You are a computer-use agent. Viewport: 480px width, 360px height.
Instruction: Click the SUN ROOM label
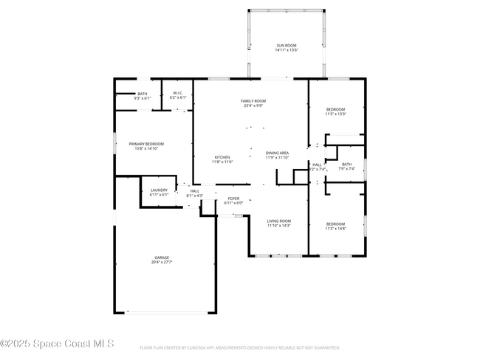click(x=287, y=46)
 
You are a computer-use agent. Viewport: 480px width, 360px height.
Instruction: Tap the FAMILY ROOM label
click(x=253, y=100)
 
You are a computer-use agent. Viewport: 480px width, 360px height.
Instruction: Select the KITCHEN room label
click(x=222, y=157)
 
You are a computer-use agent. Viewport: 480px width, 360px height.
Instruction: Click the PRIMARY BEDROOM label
click(x=146, y=144)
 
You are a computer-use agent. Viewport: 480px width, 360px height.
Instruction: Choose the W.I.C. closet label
click(x=178, y=93)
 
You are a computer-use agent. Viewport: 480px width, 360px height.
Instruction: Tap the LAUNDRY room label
click(x=159, y=190)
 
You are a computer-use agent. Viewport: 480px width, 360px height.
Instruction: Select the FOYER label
click(x=233, y=198)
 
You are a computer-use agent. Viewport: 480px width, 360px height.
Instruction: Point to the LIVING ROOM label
click(x=279, y=221)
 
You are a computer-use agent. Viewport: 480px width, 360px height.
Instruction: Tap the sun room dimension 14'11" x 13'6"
click(x=287, y=50)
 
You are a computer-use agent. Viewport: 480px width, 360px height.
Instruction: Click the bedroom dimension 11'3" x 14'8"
click(x=335, y=229)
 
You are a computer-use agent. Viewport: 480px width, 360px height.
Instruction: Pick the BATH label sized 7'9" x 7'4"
click(x=346, y=165)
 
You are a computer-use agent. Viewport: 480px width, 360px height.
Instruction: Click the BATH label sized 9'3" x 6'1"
click(x=143, y=94)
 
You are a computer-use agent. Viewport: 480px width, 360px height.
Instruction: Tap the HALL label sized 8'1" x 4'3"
click(x=195, y=191)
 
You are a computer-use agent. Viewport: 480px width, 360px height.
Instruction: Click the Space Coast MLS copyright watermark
click(x=58, y=343)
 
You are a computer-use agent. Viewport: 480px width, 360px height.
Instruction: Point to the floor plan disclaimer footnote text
click(x=240, y=347)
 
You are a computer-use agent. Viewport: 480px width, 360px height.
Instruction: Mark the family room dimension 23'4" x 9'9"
click(x=253, y=105)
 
